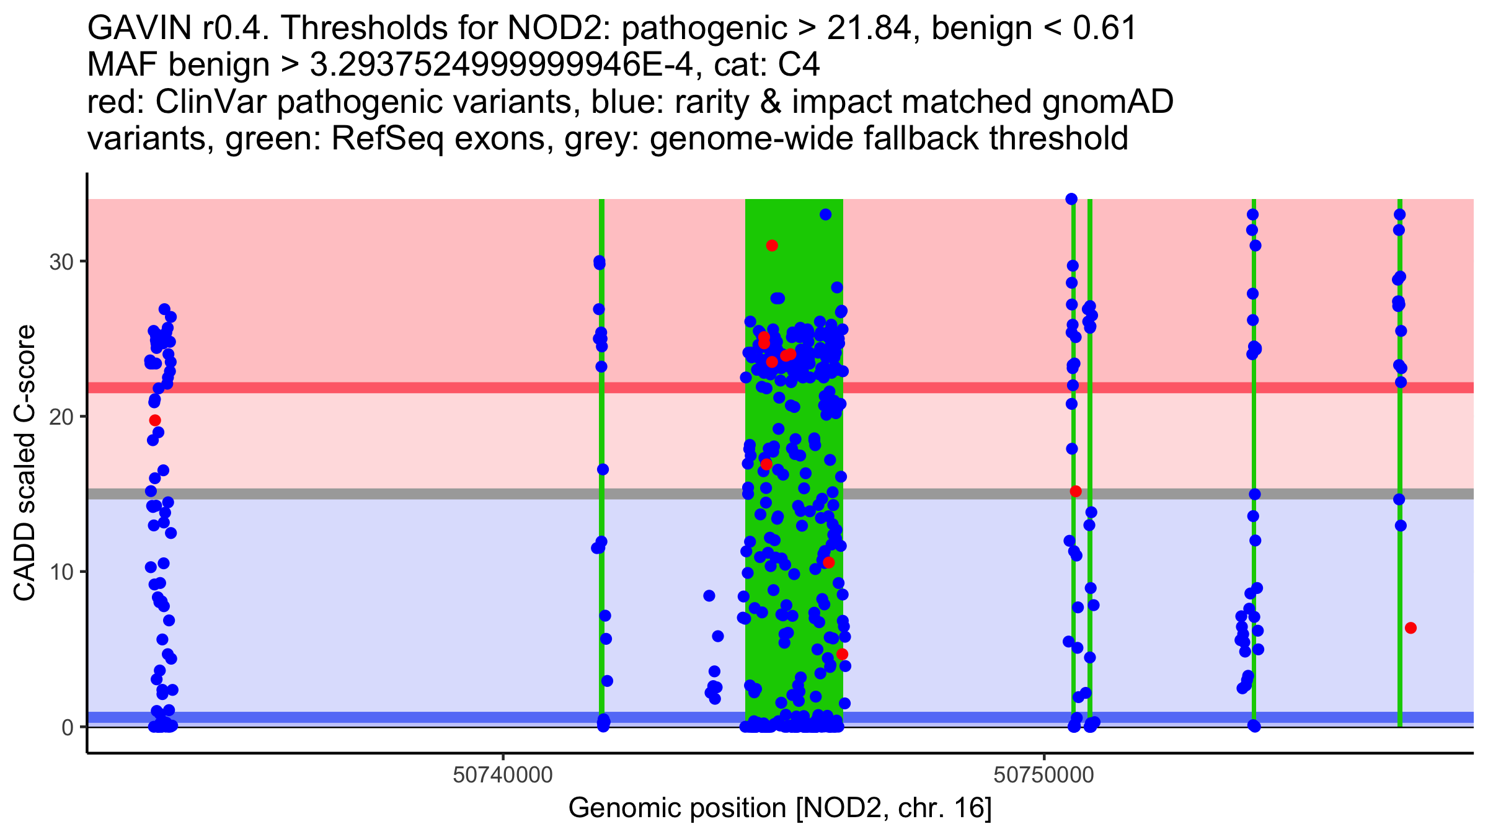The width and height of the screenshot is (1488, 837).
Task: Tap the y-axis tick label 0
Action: pos(68,727)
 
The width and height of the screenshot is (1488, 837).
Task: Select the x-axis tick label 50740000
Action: pos(503,776)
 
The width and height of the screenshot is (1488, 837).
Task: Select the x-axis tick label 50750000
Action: pos(1044,776)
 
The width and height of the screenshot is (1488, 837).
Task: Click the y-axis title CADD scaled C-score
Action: pos(25,463)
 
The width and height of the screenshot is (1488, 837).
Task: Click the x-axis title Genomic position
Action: pos(780,808)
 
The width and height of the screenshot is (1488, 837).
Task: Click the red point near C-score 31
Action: pos(772,246)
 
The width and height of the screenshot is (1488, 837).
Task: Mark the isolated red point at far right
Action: pos(1411,628)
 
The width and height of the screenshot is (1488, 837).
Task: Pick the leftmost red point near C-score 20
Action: pos(155,420)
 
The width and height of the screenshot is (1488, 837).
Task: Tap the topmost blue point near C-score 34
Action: pos(1071,199)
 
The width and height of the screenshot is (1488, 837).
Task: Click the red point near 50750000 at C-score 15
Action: pos(1076,491)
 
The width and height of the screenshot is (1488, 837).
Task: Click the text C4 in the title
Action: pos(800,64)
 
